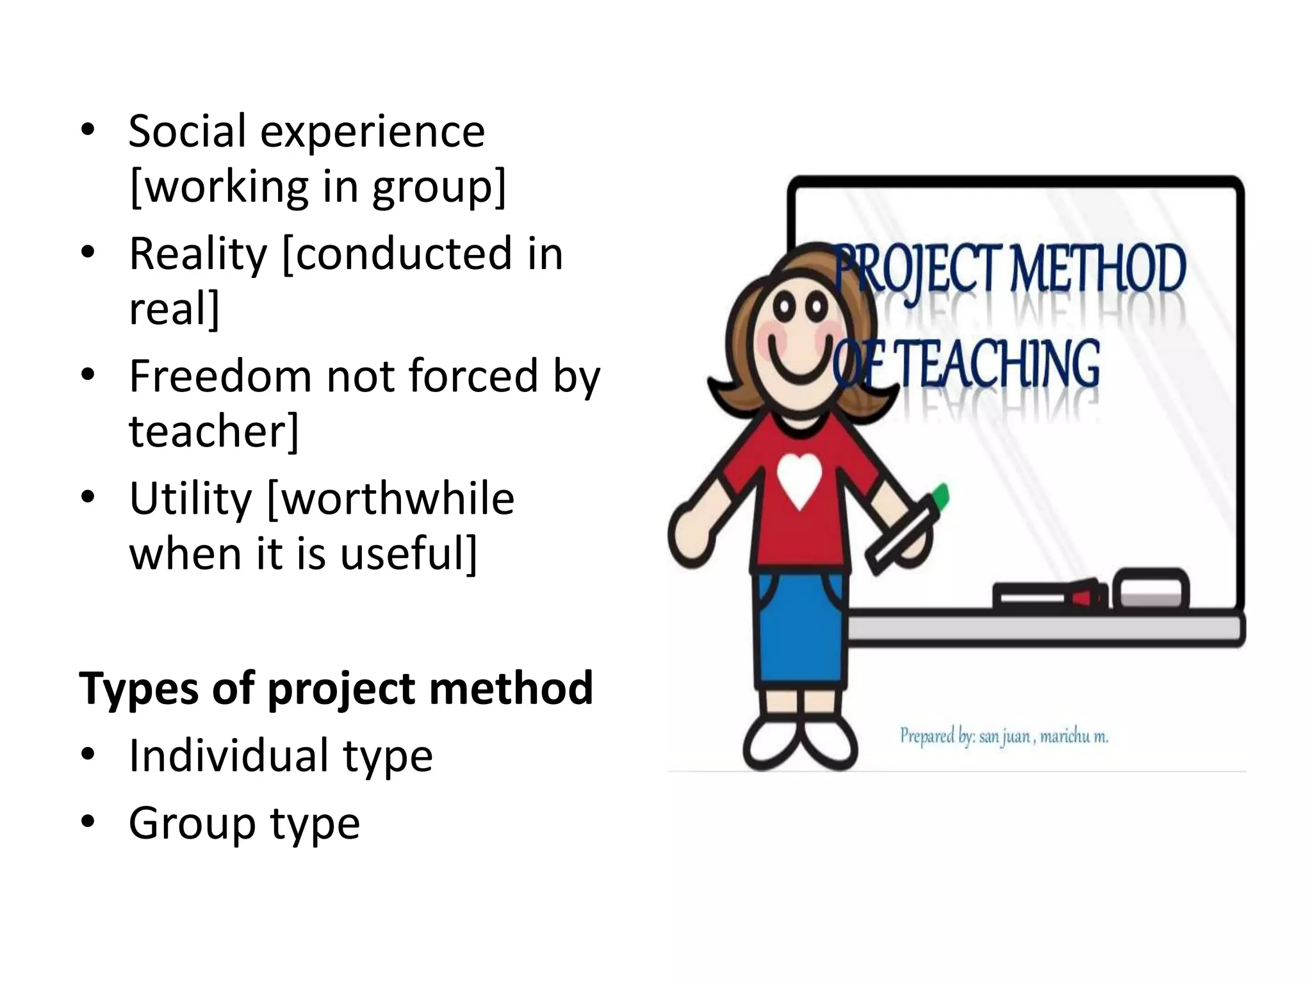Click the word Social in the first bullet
point(187,131)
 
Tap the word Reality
point(197,254)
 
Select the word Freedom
point(219,376)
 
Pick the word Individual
point(229,756)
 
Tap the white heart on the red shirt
point(798,481)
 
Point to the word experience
point(372,131)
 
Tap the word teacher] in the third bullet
point(214,431)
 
